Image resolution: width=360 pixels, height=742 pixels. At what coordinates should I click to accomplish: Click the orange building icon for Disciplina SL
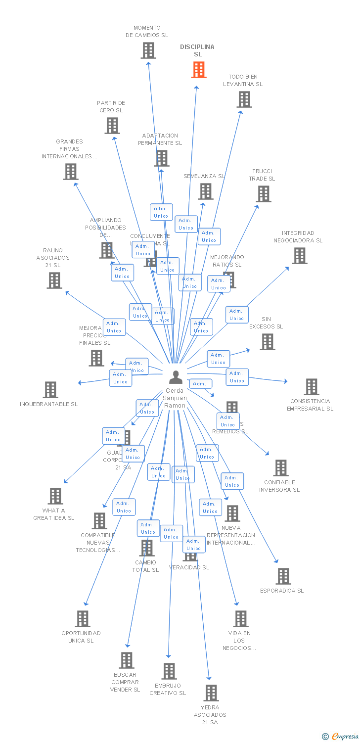[199, 70]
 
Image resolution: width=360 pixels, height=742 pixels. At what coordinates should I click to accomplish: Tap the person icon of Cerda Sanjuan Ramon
[176, 377]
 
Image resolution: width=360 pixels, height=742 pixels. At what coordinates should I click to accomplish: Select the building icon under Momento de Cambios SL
[148, 50]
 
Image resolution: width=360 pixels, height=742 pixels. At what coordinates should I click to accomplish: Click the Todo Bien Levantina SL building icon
[244, 99]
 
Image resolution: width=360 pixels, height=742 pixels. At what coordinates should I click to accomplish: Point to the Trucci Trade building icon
[264, 194]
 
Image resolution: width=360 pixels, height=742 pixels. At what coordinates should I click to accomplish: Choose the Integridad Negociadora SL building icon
[299, 256]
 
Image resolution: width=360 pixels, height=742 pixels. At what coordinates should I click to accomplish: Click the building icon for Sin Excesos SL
[268, 342]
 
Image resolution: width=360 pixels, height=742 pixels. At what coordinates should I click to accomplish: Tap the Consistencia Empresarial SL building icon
[312, 387]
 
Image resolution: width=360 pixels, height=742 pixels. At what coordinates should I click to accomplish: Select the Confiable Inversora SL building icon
[281, 468]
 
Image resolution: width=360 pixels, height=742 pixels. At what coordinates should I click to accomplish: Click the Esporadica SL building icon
[283, 576]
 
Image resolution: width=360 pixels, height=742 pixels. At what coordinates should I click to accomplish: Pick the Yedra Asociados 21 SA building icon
[211, 693]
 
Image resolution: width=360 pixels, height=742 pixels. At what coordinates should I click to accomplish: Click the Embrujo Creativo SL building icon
[169, 671]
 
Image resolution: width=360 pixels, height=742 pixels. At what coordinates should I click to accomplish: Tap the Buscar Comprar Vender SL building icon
[127, 660]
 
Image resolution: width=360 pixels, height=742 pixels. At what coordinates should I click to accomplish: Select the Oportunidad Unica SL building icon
[83, 619]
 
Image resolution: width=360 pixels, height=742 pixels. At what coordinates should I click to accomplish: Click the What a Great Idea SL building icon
[55, 496]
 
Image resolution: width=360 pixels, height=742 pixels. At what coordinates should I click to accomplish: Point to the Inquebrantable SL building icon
[50, 390]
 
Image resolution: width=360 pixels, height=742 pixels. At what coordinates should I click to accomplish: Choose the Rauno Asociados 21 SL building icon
[54, 280]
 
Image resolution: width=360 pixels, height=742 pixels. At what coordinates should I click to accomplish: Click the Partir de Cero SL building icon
[112, 126]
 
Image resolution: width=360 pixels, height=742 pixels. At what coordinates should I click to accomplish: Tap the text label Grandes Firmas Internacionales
[69, 149]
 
